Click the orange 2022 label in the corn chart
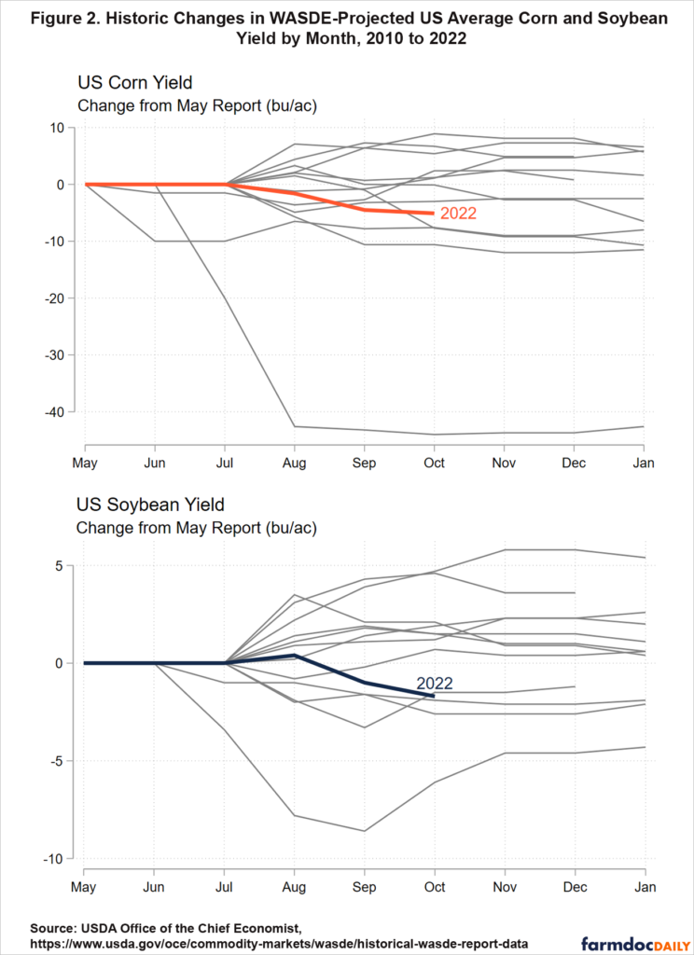coord(458,214)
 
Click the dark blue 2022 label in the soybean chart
coord(435,684)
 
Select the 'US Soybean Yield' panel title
coord(150,505)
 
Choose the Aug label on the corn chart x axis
coord(295,463)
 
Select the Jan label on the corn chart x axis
coord(644,463)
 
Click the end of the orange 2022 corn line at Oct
coord(434,214)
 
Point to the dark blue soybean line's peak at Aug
coord(295,656)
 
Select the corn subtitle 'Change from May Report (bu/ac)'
coord(197,105)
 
